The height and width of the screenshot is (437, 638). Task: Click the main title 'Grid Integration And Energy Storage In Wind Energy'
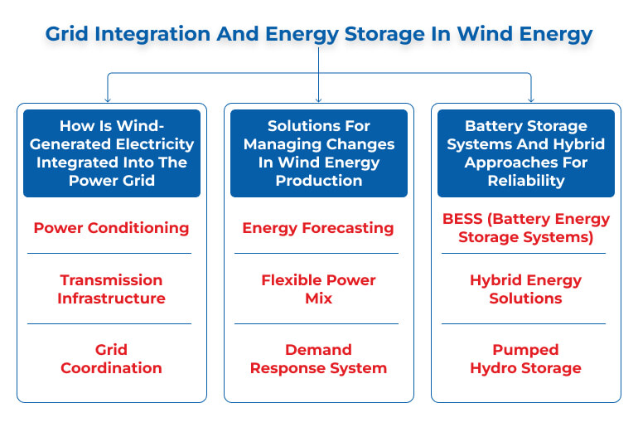click(x=319, y=34)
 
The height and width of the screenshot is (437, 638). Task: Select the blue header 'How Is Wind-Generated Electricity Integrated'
click(x=112, y=153)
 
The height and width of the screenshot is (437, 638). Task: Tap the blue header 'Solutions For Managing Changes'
click(x=319, y=153)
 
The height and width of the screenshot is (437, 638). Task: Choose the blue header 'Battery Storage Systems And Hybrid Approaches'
click(x=525, y=153)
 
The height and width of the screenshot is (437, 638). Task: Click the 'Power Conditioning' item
click(x=111, y=228)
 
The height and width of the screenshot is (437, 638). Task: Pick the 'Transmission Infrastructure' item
click(x=111, y=289)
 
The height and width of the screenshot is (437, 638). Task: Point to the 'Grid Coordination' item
click(x=111, y=359)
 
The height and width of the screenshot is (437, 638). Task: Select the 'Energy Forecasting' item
click(x=318, y=228)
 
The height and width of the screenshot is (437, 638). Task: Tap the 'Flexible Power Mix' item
click(x=318, y=289)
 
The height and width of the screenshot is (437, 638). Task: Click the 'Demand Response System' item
click(x=318, y=359)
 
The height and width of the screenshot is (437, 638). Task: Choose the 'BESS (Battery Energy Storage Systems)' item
click(x=525, y=228)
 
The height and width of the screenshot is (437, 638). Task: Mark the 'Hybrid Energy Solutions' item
click(x=525, y=289)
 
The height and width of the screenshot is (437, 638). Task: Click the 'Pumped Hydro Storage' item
click(x=525, y=359)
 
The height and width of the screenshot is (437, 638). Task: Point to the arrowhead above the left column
click(x=108, y=100)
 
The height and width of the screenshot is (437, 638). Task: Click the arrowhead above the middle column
click(x=319, y=100)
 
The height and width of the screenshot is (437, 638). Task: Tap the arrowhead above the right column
click(x=531, y=100)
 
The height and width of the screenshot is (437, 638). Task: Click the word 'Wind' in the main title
click(x=485, y=33)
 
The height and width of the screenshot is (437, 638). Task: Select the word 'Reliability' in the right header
click(x=526, y=181)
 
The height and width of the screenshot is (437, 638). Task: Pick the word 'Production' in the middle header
click(x=319, y=181)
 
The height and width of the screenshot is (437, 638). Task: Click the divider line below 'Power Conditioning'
click(x=109, y=253)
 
